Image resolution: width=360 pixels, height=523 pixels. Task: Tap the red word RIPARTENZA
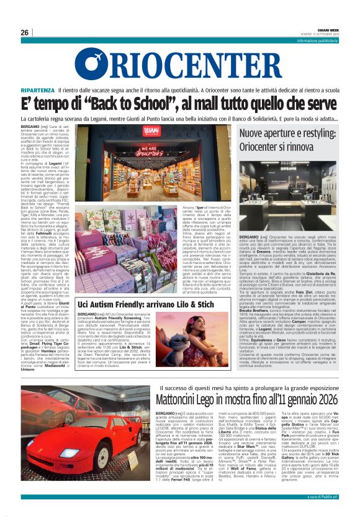53,90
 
